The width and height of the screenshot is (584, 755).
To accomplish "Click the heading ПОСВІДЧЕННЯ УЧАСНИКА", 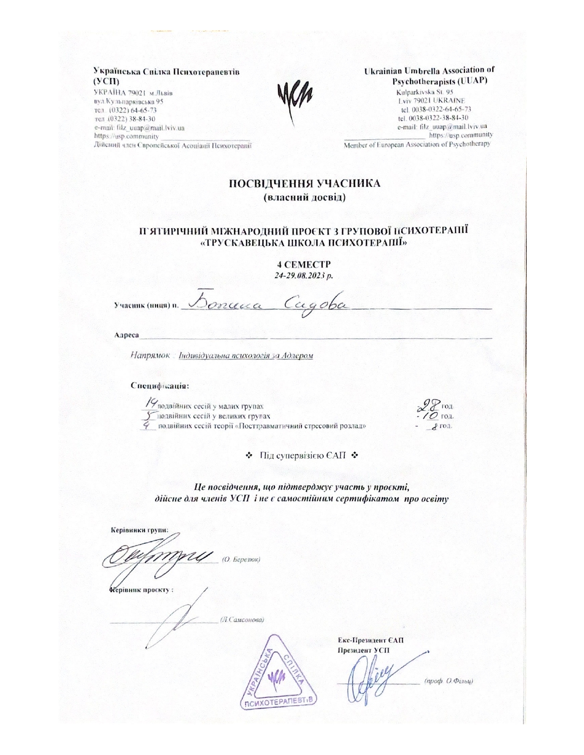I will [304, 184].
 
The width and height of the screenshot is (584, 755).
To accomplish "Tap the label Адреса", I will [126, 335].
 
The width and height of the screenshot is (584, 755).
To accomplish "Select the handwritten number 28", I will [431, 404].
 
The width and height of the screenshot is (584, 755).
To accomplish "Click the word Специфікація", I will [159, 385].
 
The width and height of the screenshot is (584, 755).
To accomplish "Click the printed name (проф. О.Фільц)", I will [448, 680].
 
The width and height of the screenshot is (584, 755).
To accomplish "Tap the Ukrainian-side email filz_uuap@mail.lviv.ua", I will [139, 128].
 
